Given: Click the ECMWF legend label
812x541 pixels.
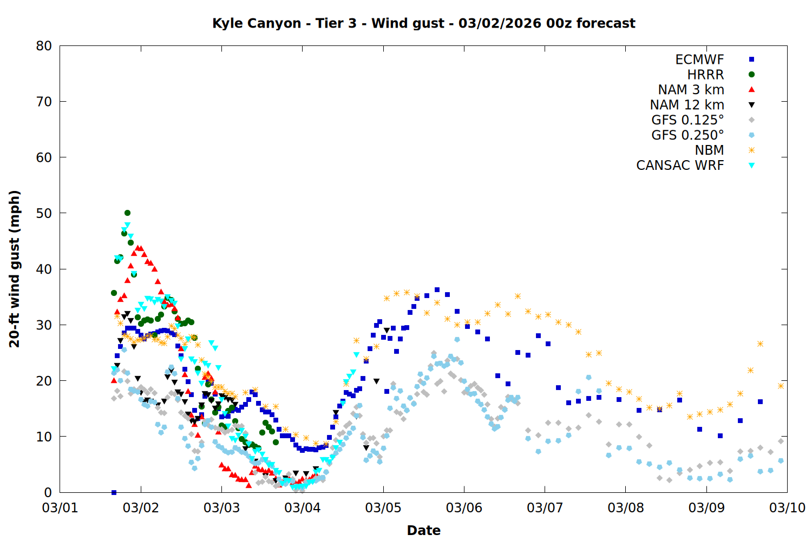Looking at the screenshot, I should tap(699, 60).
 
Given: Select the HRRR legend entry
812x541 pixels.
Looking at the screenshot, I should tap(705, 75).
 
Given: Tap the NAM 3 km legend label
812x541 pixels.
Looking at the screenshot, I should tap(691, 90).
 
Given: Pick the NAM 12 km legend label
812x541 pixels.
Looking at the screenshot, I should tap(687, 105).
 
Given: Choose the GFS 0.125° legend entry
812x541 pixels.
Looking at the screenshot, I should tap(687, 120).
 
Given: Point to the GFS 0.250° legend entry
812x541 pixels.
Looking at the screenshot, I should tap(687, 135).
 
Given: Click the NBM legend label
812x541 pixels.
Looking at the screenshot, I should tap(709, 150).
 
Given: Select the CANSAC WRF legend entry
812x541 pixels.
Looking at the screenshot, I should tap(680, 166).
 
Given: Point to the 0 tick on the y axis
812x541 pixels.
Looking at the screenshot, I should tap(48, 492).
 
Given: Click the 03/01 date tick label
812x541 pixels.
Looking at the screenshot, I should tap(60, 508).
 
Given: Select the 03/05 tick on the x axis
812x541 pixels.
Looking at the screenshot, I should tap(383, 508).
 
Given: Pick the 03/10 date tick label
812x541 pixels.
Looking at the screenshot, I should tap(787, 508).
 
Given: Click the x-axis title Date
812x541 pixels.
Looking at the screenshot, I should tap(423, 530).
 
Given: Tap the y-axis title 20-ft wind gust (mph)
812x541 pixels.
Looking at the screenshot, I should tap(15, 269).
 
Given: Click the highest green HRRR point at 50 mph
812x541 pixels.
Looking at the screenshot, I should tap(127, 213).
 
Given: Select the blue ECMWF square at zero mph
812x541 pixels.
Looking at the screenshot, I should tap(114, 492).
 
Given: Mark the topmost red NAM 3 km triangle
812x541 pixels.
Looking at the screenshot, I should tap(137, 248).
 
